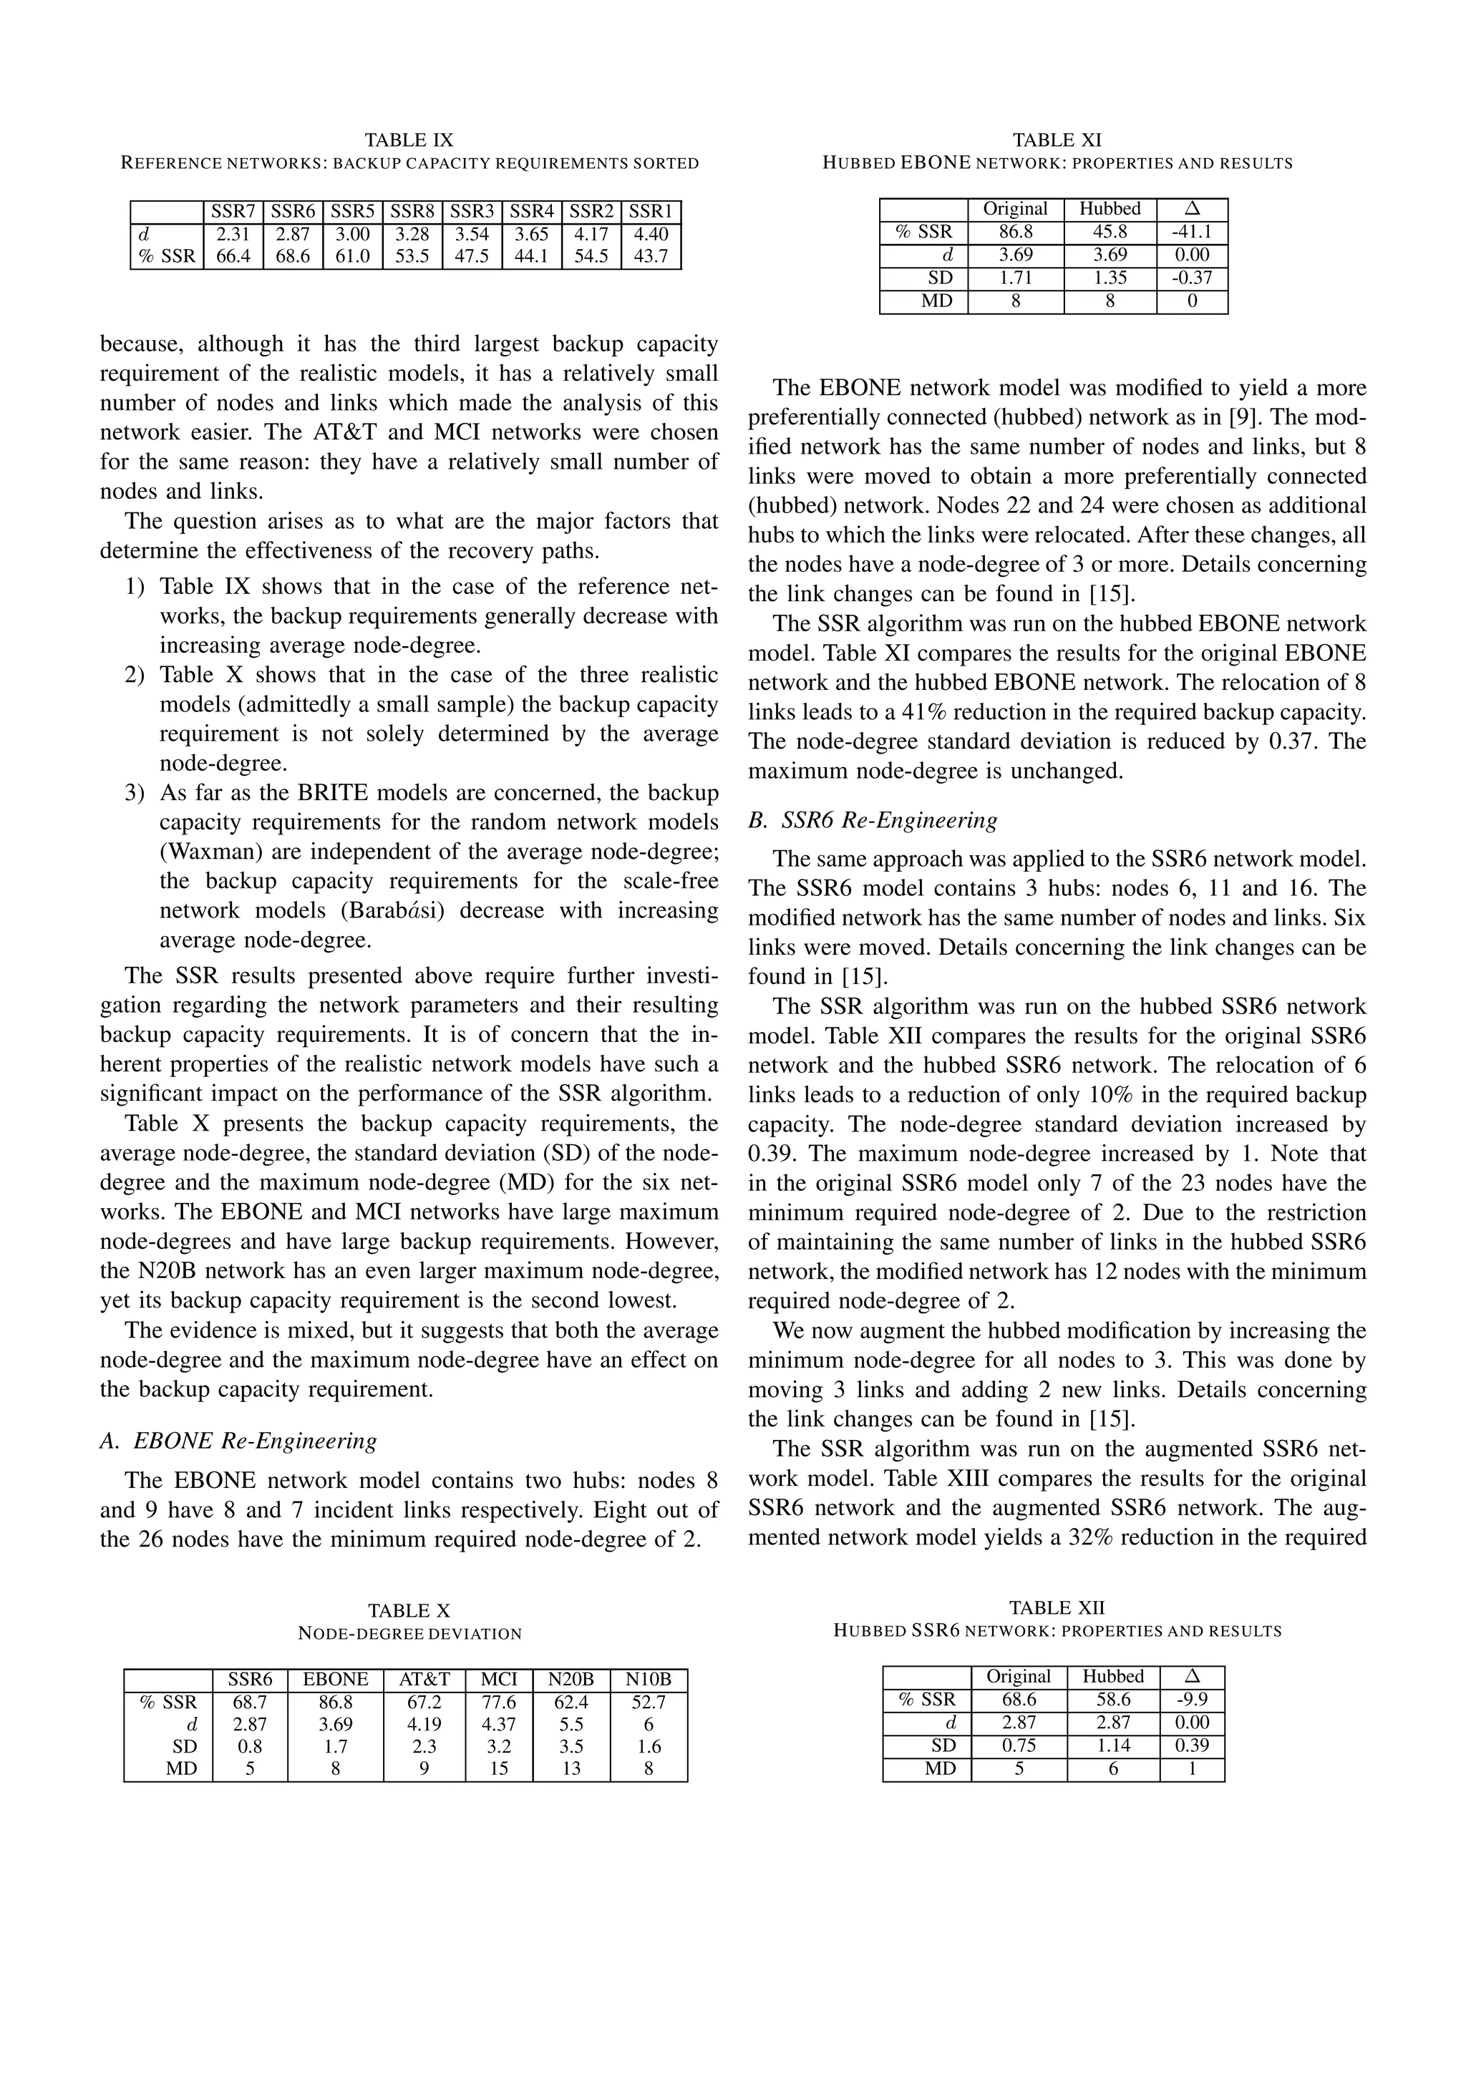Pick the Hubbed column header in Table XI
tap(1110, 209)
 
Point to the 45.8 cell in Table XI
tap(1110, 232)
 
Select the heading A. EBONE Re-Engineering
tap(238, 1440)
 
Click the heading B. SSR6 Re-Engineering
tap(873, 820)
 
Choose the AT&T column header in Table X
tap(424, 1679)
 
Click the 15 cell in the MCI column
tap(499, 1768)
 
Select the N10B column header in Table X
tap(649, 1679)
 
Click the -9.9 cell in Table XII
tap(1191, 1700)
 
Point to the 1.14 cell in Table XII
tap(1113, 1746)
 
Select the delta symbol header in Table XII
tap(1191, 1677)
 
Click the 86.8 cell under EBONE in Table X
tap(335, 1703)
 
